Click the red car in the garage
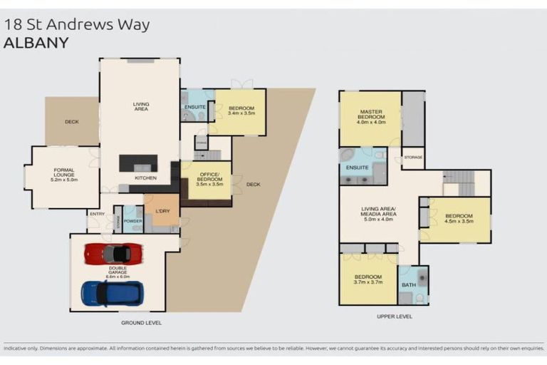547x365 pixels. [113, 253]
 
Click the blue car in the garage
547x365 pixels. [112, 293]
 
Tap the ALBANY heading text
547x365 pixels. [36, 43]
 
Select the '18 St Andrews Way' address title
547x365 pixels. [77, 24]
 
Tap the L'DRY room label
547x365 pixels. [162, 211]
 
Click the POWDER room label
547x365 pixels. [133, 221]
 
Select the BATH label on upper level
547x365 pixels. [408, 285]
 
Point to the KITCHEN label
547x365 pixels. [145, 178]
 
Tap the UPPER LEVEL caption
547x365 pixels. [393, 317]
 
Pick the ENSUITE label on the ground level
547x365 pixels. [195, 107]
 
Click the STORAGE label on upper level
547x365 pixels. [413, 157]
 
